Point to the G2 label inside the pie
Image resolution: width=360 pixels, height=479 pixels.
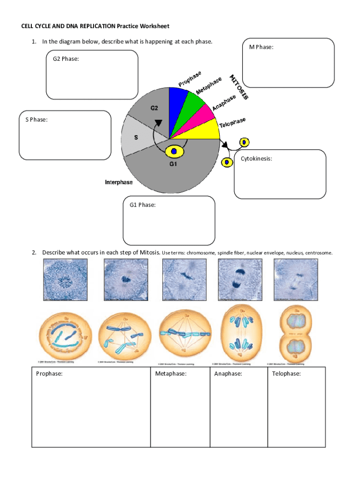(154, 108)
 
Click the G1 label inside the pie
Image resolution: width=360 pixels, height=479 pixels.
(173, 164)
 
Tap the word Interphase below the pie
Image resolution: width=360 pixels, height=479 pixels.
(118, 182)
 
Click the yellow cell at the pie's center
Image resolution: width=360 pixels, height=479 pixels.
(174, 151)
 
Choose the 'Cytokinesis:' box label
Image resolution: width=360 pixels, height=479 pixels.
(256, 159)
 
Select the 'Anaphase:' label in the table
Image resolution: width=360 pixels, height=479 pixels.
(228, 374)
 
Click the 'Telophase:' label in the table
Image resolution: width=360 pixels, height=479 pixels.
(286, 374)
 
